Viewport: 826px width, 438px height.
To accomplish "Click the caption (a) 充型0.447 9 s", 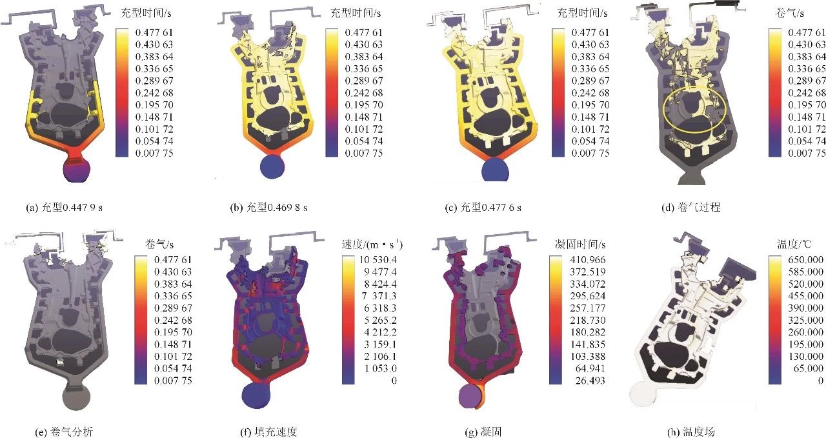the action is click(x=64, y=208).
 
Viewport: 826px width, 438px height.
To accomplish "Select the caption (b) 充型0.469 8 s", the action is click(x=268, y=208).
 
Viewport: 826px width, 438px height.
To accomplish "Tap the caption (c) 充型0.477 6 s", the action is click(x=483, y=208).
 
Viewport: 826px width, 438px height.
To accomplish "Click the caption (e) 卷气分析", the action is click(x=64, y=432).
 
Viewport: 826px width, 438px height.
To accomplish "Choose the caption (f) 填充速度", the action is click(x=268, y=432).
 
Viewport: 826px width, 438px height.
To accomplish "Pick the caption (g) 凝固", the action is click(x=483, y=432).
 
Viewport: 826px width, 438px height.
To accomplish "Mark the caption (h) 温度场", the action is click(x=691, y=432).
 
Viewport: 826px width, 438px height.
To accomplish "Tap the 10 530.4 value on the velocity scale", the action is click(x=378, y=260).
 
